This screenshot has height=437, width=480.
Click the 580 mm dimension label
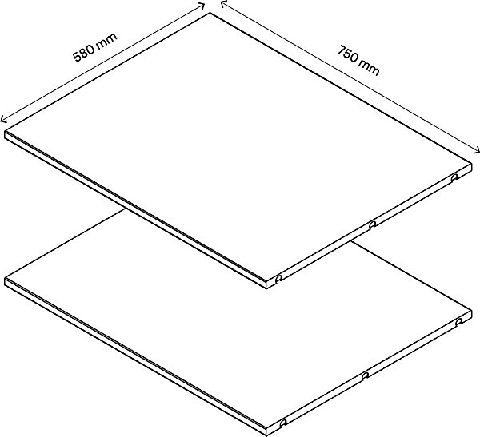point(95,47)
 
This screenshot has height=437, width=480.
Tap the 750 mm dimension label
point(358,60)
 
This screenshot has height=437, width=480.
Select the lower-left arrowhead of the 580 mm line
point(4,119)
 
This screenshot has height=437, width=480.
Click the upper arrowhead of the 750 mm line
point(224,4)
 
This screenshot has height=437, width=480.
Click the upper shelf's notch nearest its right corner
point(455,177)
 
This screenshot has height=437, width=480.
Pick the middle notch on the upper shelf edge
point(372,224)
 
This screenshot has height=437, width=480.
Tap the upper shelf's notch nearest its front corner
point(278,279)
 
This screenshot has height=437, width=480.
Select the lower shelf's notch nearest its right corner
point(458,322)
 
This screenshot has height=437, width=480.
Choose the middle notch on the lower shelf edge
point(365,375)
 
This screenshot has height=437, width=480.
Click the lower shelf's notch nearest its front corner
point(283,423)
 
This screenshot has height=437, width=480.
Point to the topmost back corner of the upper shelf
point(210,13)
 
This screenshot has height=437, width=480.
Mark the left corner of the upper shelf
point(5,132)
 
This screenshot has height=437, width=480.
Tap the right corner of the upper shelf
point(471,164)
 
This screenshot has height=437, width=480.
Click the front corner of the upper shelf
point(266,280)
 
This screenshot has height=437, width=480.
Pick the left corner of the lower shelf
point(5,278)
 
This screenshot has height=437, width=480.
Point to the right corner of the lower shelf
point(471,310)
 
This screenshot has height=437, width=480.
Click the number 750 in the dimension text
point(349,54)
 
